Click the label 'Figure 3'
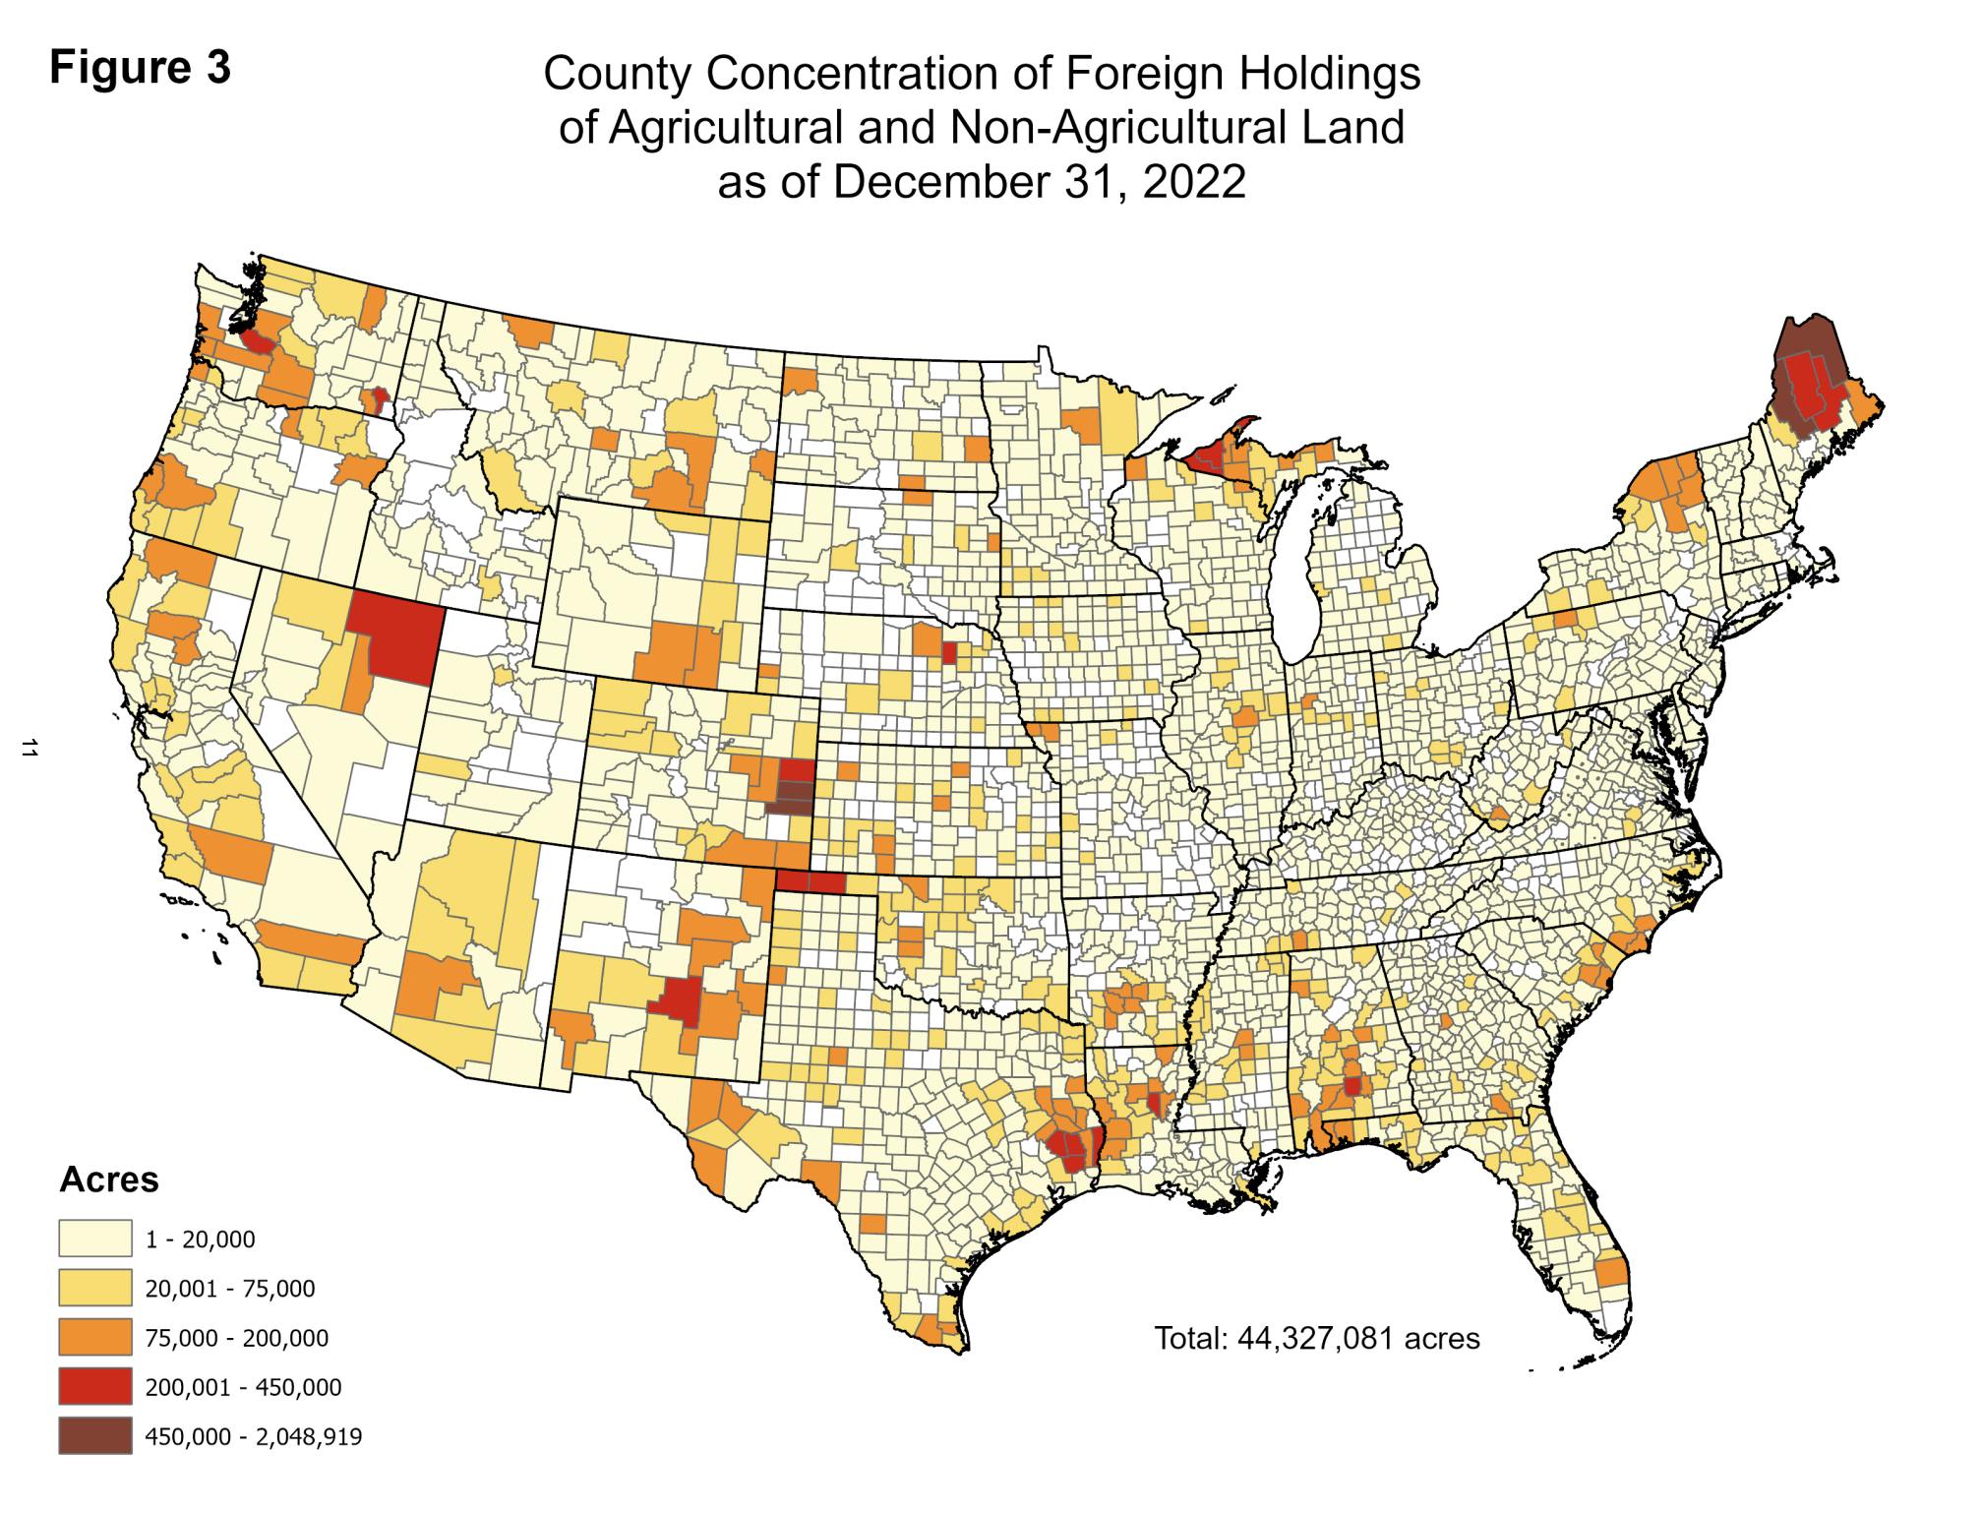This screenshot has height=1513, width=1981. pyautogui.click(x=141, y=69)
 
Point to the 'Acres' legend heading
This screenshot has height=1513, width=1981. pyautogui.click(x=109, y=1179)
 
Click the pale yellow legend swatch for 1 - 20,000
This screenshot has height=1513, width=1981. pyautogui.click(x=94, y=1239)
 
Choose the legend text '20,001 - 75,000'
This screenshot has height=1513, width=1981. pyautogui.click(x=230, y=1289)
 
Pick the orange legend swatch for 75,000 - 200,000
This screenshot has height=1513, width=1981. pyautogui.click(x=94, y=1338)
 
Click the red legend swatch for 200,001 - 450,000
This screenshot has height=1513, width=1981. pyautogui.click(x=94, y=1387)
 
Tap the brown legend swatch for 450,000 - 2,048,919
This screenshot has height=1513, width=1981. pyautogui.click(x=94, y=1437)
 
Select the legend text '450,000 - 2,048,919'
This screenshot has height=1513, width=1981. pyautogui.click(x=254, y=1437)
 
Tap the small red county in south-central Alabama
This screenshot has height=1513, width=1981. pyautogui.click(x=1353, y=1086)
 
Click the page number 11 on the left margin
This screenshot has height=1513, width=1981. pyautogui.click(x=29, y=749)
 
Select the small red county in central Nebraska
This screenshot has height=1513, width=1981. pyautogui.click(x=949, y=652)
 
